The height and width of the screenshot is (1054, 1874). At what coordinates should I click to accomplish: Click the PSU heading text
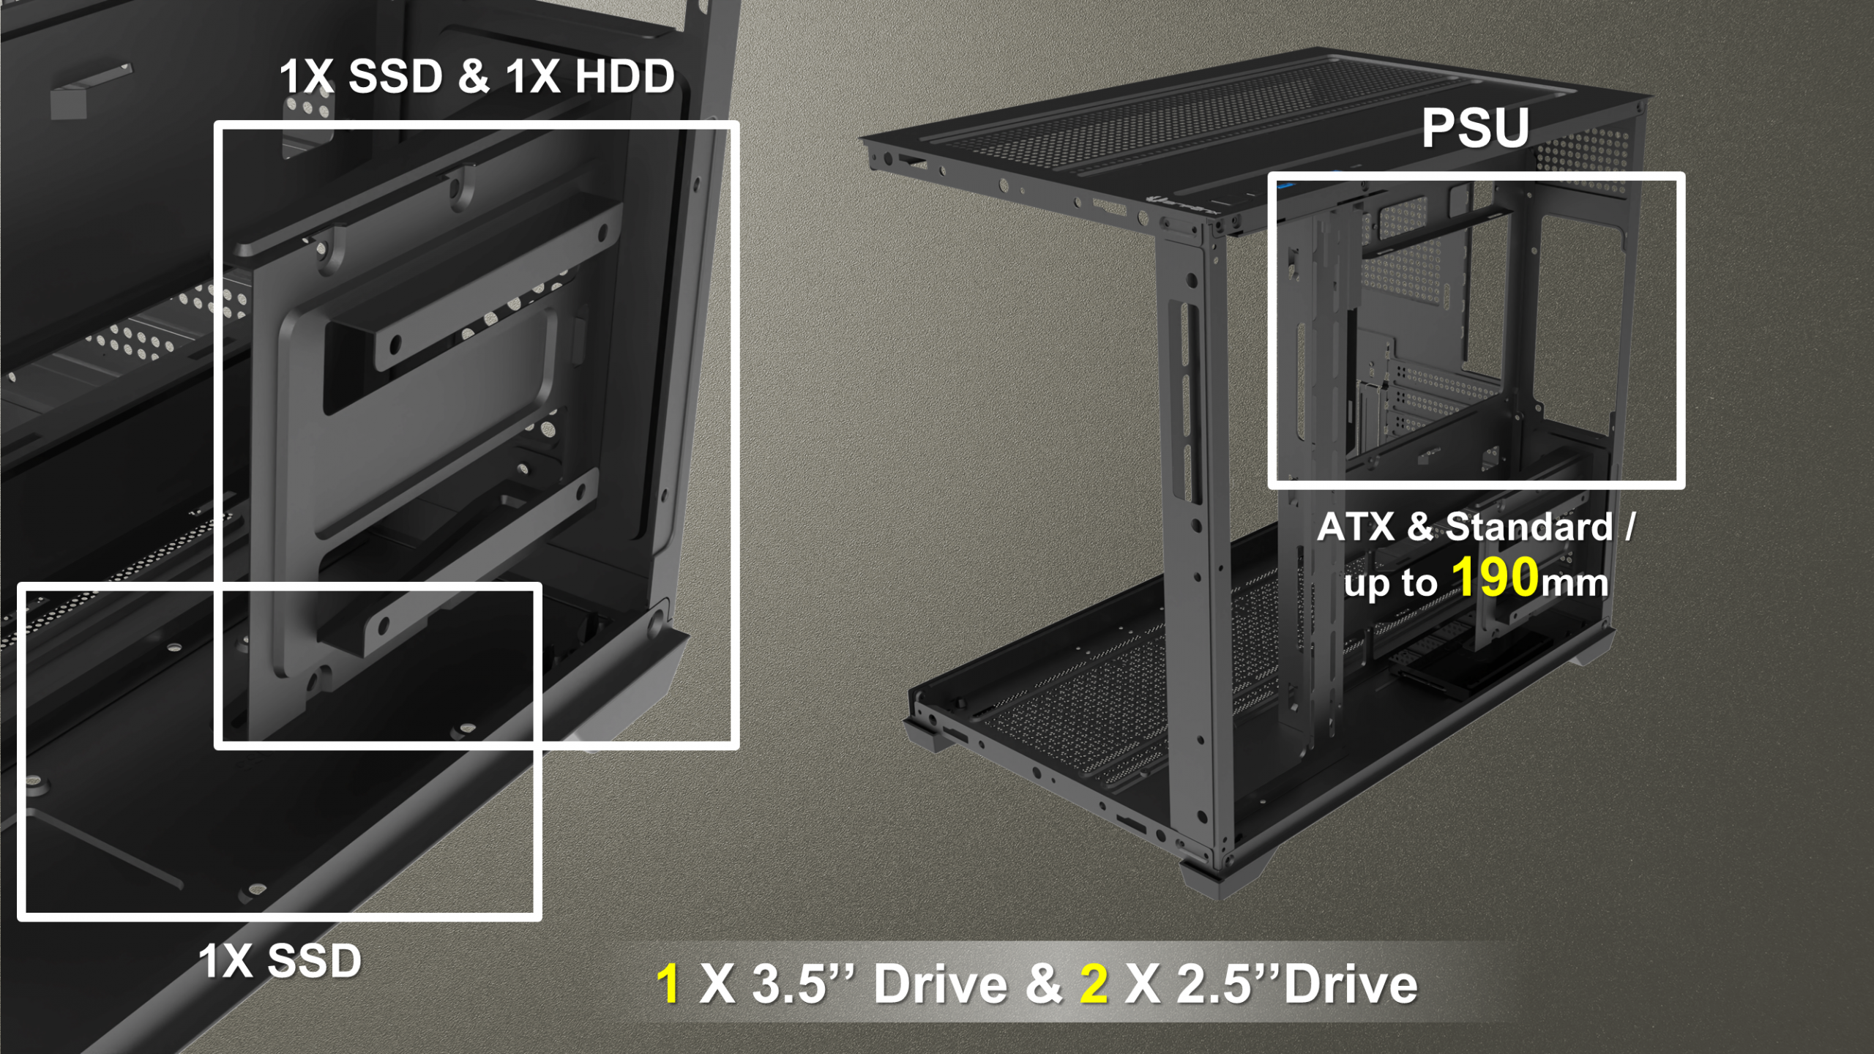1475,128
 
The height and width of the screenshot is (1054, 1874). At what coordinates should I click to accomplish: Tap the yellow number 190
1496,578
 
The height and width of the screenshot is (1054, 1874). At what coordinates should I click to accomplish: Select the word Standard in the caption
1529,527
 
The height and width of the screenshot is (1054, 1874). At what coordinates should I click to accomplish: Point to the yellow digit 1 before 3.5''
668,984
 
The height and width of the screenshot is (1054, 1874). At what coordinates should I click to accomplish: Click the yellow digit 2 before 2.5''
1094,984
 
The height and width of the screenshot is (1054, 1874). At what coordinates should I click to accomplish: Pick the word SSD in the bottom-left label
314,960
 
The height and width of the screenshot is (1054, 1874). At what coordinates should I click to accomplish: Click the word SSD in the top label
395,76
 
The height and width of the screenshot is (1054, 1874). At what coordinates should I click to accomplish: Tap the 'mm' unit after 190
1575,584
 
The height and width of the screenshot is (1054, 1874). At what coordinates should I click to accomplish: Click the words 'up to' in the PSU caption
1391,583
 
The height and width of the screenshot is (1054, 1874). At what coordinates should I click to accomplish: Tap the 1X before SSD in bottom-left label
227,960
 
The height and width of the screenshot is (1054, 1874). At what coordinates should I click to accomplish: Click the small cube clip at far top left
69,104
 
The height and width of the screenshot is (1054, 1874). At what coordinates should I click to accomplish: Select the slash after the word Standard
1629,527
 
